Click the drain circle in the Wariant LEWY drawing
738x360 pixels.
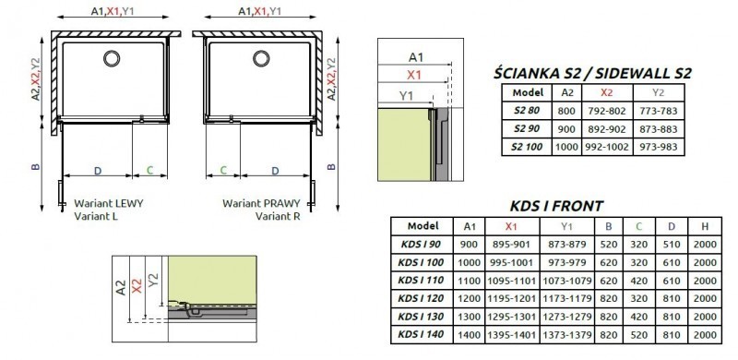point(112,59)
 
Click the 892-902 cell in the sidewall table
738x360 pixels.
point(607,128)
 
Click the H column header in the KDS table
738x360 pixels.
point(705,227)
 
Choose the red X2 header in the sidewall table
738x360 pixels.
point(607,92)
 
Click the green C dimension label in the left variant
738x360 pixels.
point(150,171)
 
